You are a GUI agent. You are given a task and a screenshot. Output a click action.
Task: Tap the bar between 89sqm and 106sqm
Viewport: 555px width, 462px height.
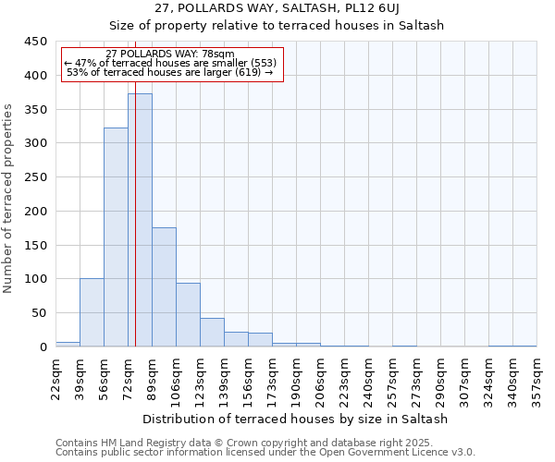164,287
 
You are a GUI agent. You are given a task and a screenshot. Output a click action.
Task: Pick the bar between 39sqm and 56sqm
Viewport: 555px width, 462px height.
92,312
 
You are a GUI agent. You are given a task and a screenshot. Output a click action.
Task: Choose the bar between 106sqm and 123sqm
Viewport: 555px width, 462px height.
188,315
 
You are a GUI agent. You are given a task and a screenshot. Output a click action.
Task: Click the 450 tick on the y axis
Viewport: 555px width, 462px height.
36,42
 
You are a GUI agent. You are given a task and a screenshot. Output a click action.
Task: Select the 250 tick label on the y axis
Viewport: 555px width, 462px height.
36,177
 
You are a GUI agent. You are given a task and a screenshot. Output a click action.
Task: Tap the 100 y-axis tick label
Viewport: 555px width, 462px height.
36,279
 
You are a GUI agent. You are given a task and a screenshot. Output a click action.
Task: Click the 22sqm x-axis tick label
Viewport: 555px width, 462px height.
55,377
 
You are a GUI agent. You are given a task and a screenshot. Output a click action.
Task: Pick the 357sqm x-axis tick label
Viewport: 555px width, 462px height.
536,377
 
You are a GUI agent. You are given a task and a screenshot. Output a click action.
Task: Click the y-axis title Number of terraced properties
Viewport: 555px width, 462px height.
9,198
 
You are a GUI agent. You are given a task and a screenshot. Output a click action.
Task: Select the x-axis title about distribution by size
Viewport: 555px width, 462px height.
295,419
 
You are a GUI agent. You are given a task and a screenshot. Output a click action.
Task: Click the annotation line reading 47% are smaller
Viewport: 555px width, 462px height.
170,63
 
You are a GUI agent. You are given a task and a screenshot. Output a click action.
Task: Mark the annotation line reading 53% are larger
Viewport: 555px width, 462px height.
170,72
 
